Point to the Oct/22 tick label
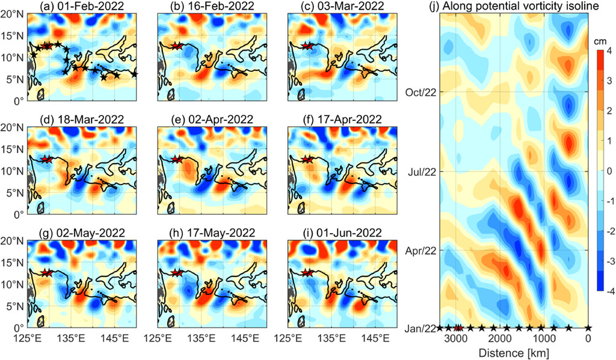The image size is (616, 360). (x=419, y=92)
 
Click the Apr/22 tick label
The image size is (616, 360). (x=420, y=250)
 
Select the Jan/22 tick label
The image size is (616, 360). (x=420, y=328)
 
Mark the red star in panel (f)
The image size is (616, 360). (x=307, y=159)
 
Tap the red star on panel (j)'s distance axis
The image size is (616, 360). (x=458, y=328)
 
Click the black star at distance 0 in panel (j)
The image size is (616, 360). (x=588, y=328)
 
